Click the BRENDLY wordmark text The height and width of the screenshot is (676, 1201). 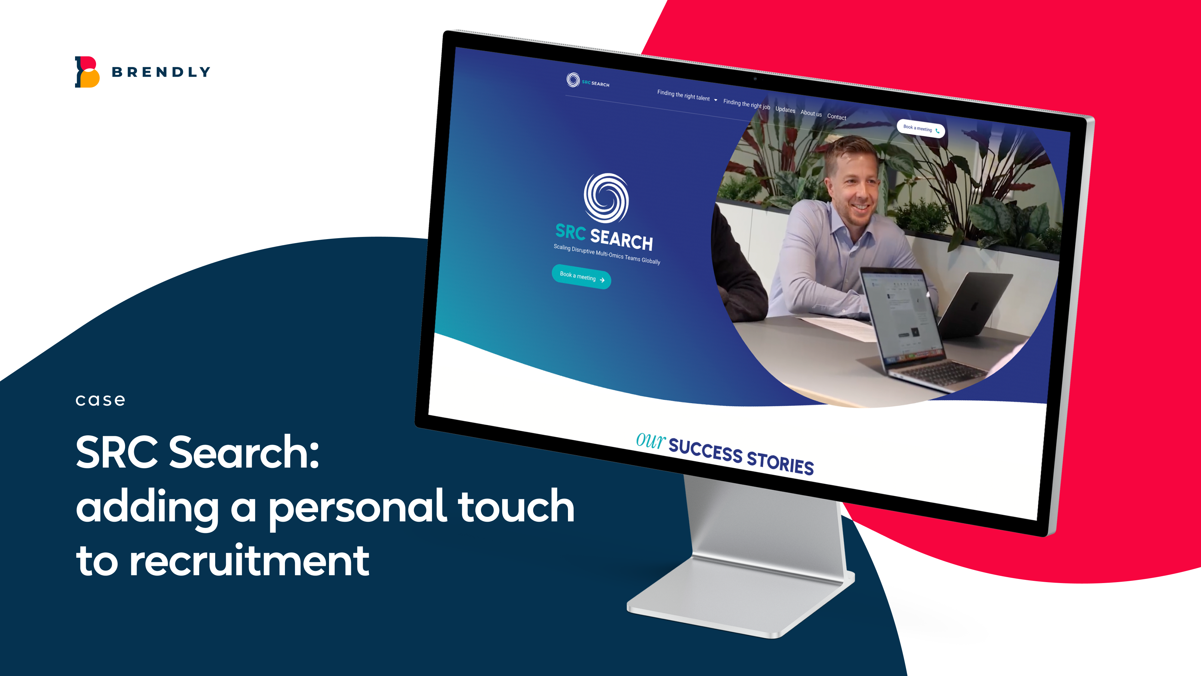pos(161,72)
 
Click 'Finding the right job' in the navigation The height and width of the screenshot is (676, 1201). pos(747,104)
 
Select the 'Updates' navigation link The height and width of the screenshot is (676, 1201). pos(785,110)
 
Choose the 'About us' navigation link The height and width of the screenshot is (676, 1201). pos(811,113)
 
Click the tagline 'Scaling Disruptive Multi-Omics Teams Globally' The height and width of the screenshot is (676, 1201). pos(606,254)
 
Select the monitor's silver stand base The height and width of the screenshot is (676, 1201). pos(741,597)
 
